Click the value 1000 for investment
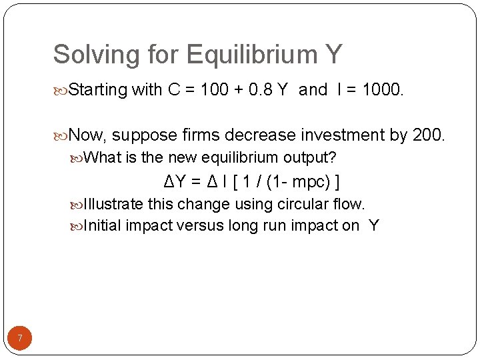[380, 90]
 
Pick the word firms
[200, 135]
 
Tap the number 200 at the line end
[427, 135]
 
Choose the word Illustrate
[113, 204]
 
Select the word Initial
[103, 225]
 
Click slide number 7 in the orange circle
[20, 339]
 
